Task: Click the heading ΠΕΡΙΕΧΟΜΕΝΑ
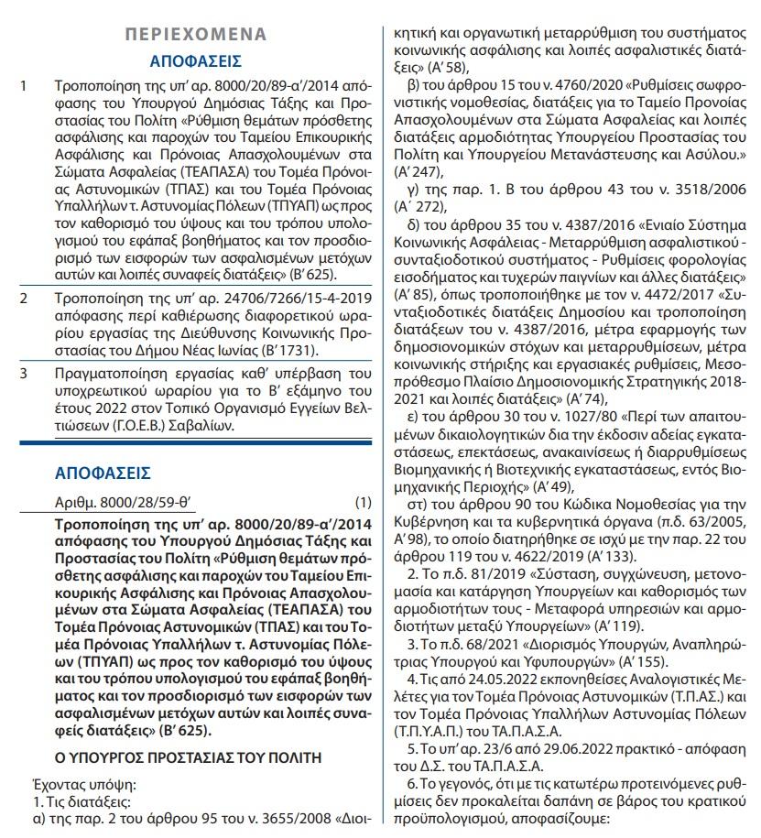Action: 196,34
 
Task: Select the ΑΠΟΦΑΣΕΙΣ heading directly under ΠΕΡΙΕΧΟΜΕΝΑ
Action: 196,62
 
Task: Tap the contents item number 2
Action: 24,299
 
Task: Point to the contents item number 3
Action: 24,373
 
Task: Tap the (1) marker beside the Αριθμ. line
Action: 363,503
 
